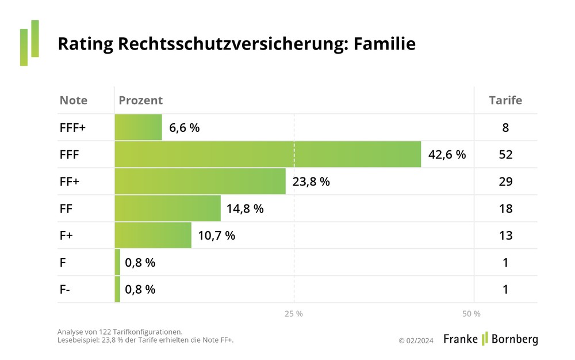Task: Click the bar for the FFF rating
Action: point(268,154)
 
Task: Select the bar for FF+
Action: point(200,181)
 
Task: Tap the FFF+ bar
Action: point(139,127)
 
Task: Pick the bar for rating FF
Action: point(168,209)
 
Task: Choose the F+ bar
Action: point(153,236)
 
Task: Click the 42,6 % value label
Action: point(447,154)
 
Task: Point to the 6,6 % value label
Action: point(184,128)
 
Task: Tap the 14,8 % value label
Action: point(245,209)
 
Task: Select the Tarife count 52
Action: point(505,154)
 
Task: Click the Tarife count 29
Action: point(505,181)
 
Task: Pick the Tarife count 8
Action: point(505,128)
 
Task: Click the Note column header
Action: point(74,100)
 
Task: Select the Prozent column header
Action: point(141,100)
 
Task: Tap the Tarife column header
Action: point(505,100)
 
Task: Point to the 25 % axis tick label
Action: point(294,314)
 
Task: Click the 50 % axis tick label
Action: point(471,314)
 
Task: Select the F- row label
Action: point(65,290)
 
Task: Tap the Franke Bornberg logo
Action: point(490,339)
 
